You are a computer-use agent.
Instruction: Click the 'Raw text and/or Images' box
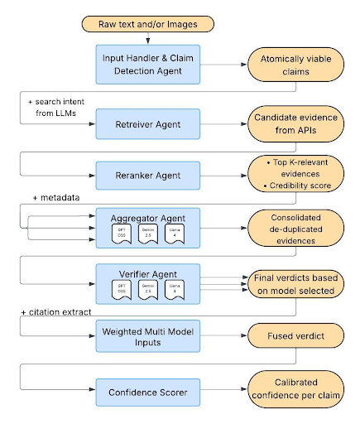(x=146, y=23)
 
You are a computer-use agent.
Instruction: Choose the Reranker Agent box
(x=148, y=175)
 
